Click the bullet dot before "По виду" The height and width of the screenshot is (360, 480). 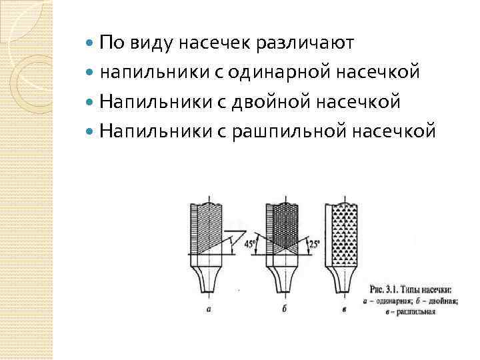coord(91,44)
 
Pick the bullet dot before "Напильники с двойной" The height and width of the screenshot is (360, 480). coord(91,102)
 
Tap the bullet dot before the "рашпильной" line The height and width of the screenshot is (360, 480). coord(91,131)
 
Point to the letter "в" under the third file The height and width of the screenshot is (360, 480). coord(343,309)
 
